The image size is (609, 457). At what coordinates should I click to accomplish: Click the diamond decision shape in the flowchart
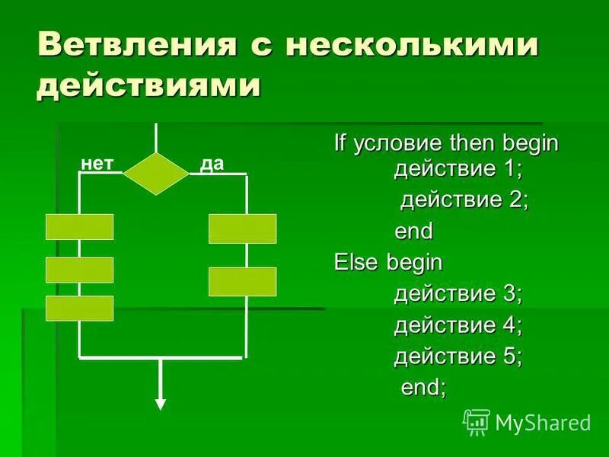(x=156, y=174)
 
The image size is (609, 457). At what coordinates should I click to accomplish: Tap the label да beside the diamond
(x=212, y=165)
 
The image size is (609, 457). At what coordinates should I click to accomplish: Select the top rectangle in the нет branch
(x=79, y=227)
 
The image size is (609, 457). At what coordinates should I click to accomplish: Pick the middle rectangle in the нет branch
(x=79, y=270)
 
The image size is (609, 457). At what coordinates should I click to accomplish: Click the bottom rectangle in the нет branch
(x=79, y=308)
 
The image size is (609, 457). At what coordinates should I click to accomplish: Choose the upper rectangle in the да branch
(x=242, y=228)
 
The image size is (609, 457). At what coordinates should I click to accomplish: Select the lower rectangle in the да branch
(x=242, y=281)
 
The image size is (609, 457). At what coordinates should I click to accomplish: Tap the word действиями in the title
(x=148, y=85)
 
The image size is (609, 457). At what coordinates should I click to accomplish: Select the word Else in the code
(x=357, y=263)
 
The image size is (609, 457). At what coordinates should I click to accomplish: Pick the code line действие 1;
(x=458, y=168)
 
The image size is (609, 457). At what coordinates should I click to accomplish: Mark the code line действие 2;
(x=464, y=200)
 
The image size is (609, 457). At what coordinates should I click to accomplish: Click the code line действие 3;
(x=458, y=294)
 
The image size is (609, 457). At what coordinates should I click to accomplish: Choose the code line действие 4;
(x=458, y=325)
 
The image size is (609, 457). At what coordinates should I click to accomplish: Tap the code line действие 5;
(x=458, y=356)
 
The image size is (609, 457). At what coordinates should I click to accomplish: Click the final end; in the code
(x=424, y=387)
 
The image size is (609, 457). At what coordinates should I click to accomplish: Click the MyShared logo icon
(x=477, y=421)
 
